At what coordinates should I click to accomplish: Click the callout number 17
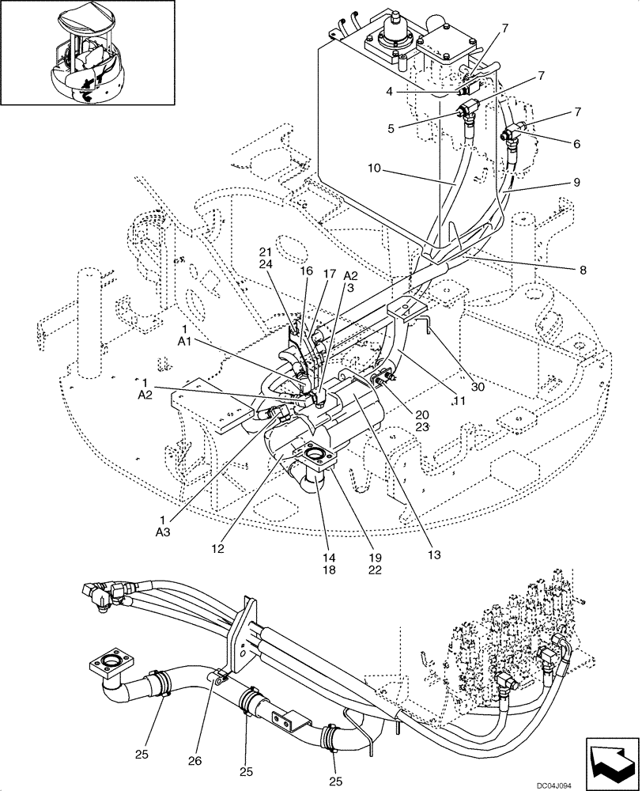pyautogui.click(x=329, y=274)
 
